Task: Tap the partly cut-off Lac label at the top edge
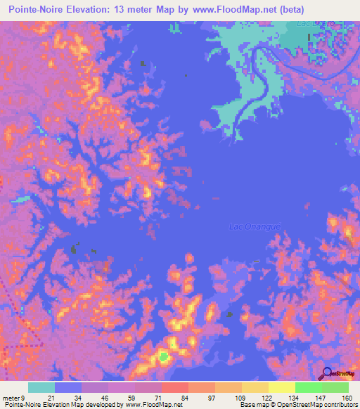point(311,23)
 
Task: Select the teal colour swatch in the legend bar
point(41,387)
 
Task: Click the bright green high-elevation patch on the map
point(164,356)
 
